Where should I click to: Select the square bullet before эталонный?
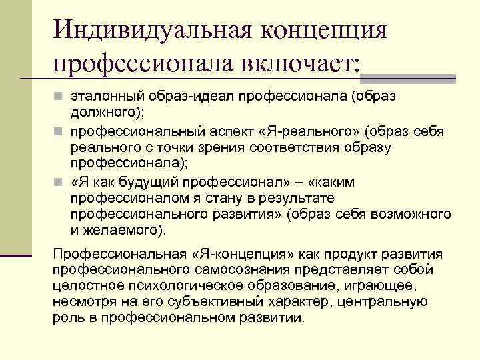[59, 97]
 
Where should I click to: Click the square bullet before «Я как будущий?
[59, 183]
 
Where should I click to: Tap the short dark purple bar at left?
[15, 255]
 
